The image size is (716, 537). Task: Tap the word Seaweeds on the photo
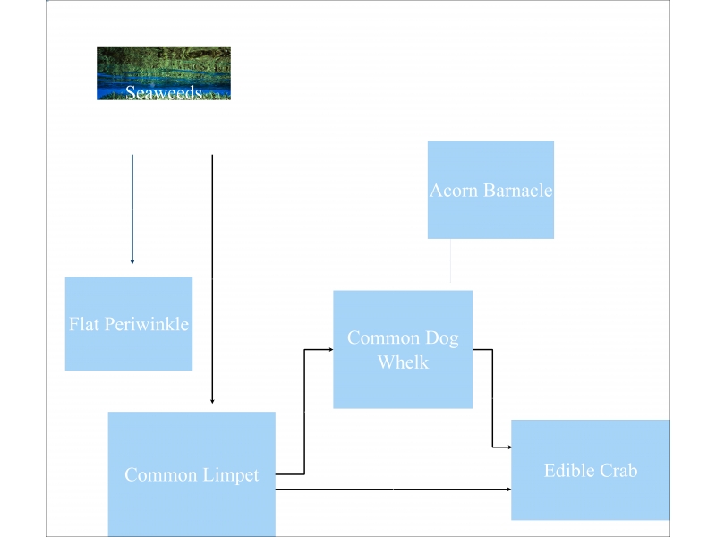[163, 92]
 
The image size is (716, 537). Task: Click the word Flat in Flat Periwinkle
[84, 324]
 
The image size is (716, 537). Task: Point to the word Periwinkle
[147, 324]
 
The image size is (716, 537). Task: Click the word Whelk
[403, 362]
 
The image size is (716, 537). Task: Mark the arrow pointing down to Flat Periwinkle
[132, 210]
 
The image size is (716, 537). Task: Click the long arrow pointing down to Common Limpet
[212, 277]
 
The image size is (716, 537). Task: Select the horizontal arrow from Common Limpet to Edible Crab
[394, 490]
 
